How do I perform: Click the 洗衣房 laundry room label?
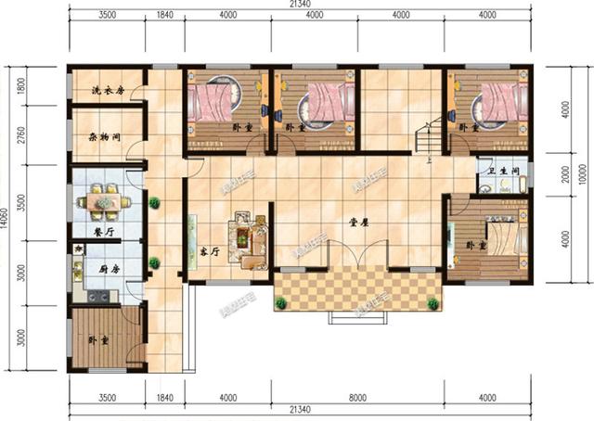click(x=107, y=91)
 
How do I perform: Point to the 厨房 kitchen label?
click(x=110, y=268)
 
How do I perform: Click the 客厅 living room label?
click(x=209, y=252)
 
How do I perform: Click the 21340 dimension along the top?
click(x=299, y=6)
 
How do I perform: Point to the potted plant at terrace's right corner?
click(x=431, y=302)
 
